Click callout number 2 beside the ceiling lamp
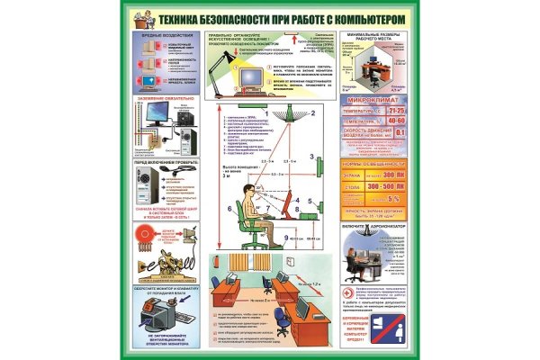click(312, 114)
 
